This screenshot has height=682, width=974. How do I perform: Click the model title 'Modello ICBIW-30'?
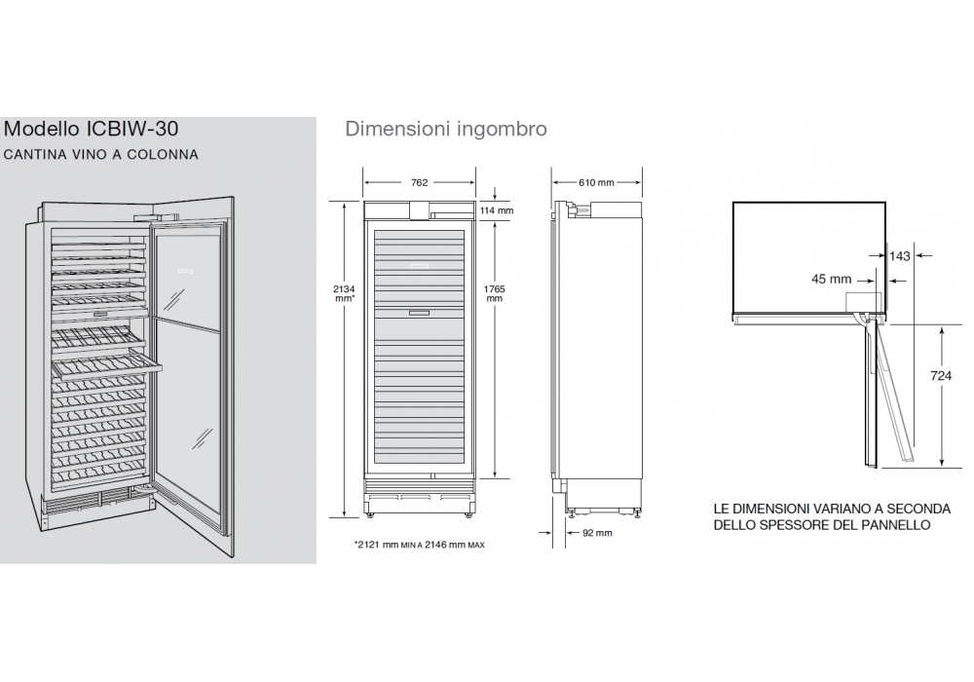(91, 129)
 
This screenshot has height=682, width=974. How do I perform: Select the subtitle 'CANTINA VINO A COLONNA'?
(100, 155)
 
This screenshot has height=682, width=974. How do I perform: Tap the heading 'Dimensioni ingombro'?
(446, 129)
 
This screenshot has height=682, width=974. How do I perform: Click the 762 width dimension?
(419, 182)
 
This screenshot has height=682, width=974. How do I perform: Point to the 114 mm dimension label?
(497, 210)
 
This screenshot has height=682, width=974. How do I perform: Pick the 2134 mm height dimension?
(344, 293)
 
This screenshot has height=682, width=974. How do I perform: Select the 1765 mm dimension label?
(495, 293)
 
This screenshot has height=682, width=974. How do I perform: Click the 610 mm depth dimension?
(596, 182)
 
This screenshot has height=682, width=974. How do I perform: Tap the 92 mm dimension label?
(598, 533)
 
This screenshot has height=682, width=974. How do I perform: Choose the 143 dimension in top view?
(899, 256)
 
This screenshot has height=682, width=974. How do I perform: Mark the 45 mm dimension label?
(831, 280)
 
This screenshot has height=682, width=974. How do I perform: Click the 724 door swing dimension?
(941, 376)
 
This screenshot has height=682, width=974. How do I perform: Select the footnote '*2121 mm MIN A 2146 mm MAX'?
(419, 545)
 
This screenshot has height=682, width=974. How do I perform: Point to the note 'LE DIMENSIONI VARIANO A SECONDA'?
(832, 509)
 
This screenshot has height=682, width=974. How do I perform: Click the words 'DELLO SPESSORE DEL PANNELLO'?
(822, 525)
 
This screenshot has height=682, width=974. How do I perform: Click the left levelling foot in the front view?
(371, 514)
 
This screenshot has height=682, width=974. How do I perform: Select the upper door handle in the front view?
(419, 266)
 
